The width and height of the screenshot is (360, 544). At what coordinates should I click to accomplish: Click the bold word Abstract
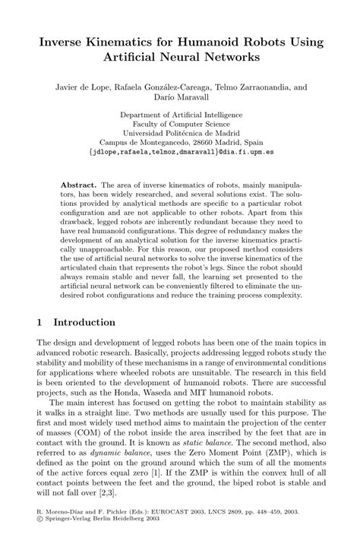coord(78,185)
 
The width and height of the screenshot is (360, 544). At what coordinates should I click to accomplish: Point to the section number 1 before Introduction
coord(39,322)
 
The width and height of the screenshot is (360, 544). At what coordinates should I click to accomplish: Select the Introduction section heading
coord(84,322)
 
